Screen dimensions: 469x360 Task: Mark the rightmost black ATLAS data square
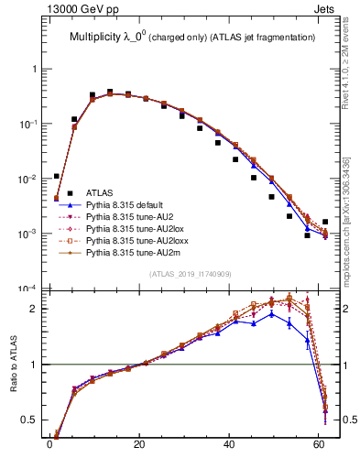point(326,222)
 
